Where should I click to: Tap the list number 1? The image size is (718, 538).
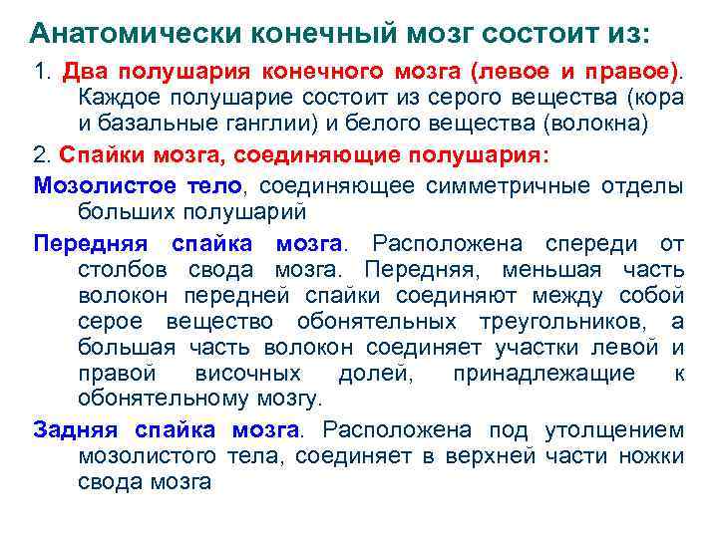(40, 74)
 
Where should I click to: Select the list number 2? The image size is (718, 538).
(40, 157)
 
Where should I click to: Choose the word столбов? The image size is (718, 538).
(120, 269)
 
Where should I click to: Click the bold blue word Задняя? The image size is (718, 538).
(76, 429)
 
